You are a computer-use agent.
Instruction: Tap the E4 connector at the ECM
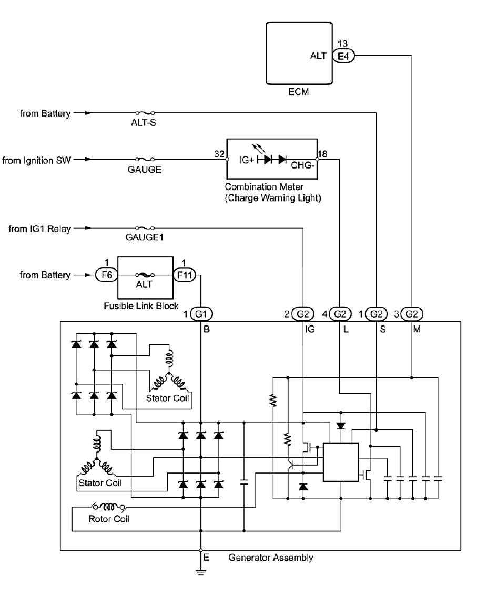coord(343,56)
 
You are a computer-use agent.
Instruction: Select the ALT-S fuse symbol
coord(145,113)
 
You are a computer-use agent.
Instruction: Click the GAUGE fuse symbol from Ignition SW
coord(145,159)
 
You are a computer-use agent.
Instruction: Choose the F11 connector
coord(184,275)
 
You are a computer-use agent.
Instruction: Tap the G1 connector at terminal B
coord(201,314)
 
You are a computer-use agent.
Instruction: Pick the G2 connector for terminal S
coord(377,314)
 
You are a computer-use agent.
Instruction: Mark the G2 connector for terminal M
coord(412,314)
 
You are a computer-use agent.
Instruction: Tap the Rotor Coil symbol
coord(109,507)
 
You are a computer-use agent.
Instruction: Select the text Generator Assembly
coord(271,558)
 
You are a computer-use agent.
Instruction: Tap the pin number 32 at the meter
coord(219,155)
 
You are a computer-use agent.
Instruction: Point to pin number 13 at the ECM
coord(343,44)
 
